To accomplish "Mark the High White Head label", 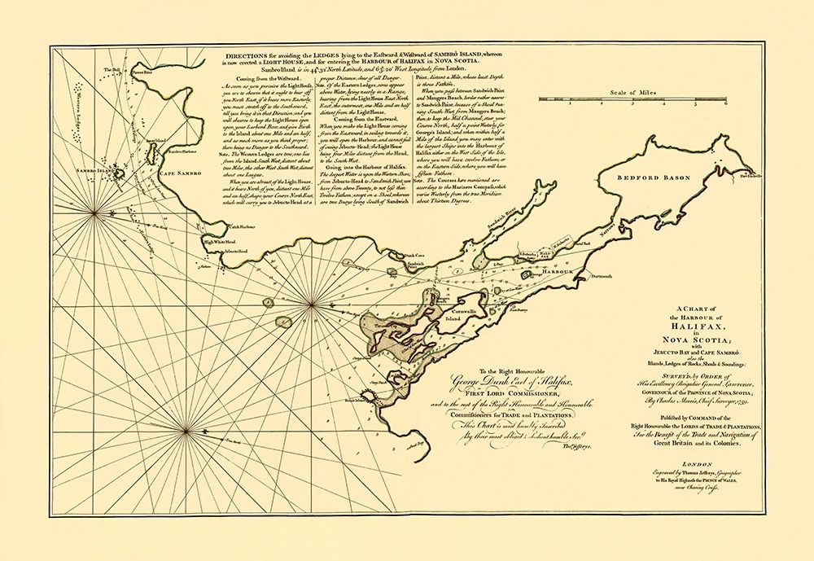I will [219, 242].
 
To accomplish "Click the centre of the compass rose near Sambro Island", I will [94, 213].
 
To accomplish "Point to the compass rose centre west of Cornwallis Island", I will [313, 306].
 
